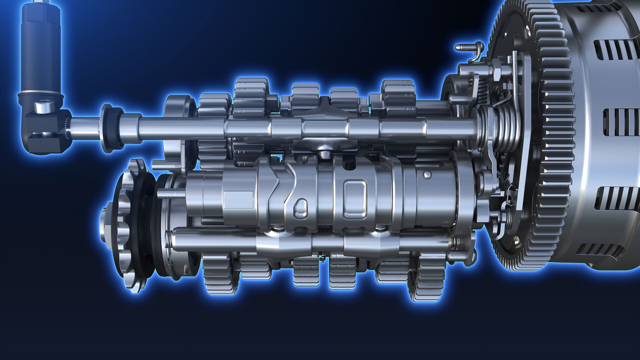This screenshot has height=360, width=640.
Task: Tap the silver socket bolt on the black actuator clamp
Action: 44,108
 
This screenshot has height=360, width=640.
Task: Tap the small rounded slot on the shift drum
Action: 301,208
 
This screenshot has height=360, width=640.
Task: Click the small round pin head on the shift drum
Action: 427,174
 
